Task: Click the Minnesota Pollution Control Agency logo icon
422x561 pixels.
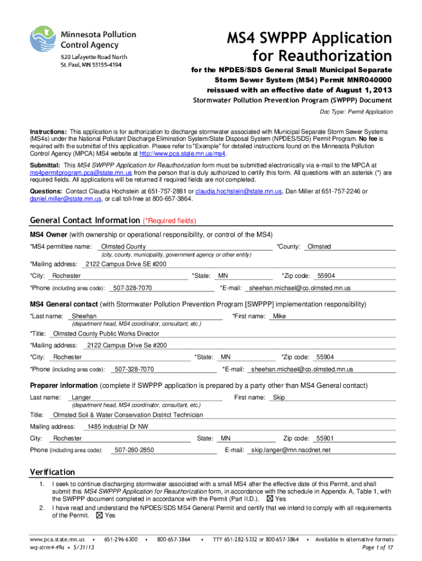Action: [x=43, y=41]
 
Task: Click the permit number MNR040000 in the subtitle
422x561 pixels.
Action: [x=369, y=80]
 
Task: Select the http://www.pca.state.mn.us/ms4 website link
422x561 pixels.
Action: [x=182, y=153]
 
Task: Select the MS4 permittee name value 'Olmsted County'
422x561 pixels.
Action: [x=120, y=247]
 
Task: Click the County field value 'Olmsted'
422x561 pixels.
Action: [x=319, y=247]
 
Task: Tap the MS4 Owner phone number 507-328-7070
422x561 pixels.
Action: [x=132, y=288]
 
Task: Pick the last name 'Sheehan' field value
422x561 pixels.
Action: [x=84, y=316]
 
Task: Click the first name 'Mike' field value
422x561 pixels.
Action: [x=280, y=316]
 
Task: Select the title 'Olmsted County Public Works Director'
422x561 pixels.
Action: [x=106, y=333]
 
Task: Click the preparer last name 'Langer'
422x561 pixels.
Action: [x=82, y=397]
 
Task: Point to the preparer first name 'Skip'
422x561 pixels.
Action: [x=278, y=397]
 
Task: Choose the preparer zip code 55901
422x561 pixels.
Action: [x=326, y=438]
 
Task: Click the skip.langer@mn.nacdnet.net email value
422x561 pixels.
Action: [x=291, y=450]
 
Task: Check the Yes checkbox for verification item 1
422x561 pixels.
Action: [x=269, y=499]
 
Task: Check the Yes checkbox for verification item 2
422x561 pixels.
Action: [x=99, y=516]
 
